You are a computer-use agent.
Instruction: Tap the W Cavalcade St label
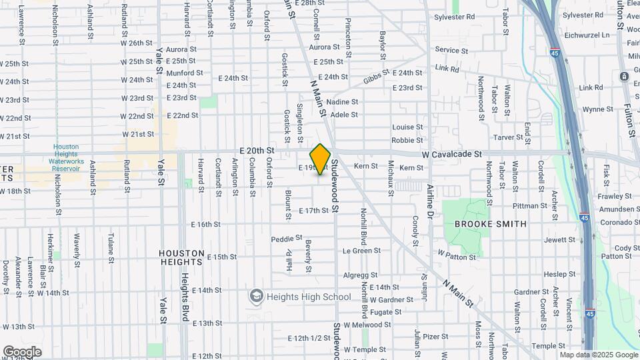pos(451,154)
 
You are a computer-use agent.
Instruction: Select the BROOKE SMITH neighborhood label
pos(491,224)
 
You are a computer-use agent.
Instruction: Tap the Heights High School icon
pos(256,296)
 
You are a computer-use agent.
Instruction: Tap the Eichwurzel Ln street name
pos(587,35)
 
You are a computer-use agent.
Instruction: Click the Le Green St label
pos(361,251)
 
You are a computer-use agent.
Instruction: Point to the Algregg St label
pos(360,275)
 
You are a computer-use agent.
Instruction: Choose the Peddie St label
pos(287,239)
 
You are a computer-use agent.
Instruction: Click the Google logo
pos(23,351)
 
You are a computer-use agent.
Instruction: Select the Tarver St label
pos(508,137)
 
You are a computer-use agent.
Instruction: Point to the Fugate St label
pos(386,312)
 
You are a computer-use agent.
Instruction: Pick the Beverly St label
pos(309,257)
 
